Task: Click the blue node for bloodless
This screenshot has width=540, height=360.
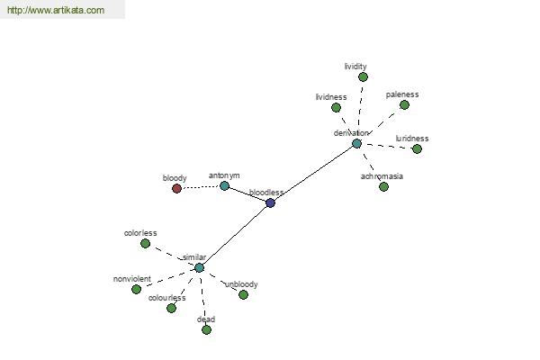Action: [271, 202]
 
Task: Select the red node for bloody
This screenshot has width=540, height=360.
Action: [176, 188]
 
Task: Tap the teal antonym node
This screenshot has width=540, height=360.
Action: [224, 186]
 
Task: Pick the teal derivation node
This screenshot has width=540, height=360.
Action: [356, 144]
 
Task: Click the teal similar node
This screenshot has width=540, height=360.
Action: [199, 267]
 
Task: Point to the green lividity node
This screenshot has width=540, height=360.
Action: [363, 76]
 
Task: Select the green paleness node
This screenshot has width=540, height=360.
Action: [404, 104]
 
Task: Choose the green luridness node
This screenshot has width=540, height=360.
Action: [417, 148]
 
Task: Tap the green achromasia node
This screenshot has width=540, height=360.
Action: [383, 186]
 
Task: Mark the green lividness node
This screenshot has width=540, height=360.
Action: [336, 108]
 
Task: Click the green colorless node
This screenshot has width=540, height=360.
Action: [145, 244]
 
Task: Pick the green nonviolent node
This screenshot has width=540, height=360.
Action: [137, 289]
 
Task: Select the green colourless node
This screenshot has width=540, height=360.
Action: [171, 308]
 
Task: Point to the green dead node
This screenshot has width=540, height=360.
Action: [206, 329]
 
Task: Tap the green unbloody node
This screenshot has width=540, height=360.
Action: [243, 294]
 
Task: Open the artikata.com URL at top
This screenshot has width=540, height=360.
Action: [56, 10]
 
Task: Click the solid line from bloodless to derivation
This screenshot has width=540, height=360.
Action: [314, 174]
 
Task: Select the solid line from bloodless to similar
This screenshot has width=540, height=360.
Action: [235, 235]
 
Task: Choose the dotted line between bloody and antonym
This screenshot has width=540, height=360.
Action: [201, 187]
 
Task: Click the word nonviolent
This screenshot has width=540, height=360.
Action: [132, 279]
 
